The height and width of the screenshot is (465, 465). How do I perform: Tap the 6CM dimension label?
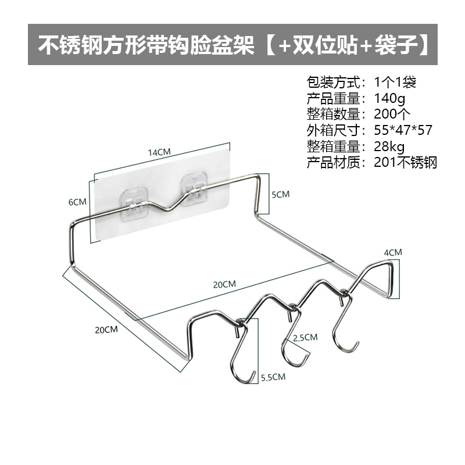click(77, 202)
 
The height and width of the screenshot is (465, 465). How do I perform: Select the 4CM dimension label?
click(393, 252)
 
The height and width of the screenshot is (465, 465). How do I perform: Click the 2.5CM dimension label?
click(305, 337)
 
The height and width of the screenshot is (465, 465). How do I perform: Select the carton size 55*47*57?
click(406, 129)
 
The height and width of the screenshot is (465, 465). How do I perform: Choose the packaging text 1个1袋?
click(394, 81)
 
